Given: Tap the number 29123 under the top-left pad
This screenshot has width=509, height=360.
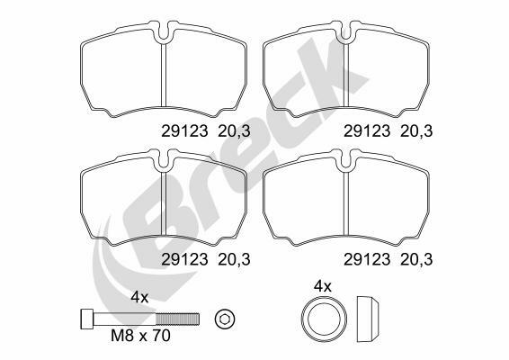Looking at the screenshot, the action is click(184, 131).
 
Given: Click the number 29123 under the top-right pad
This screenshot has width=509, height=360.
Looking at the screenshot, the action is click(367, 131).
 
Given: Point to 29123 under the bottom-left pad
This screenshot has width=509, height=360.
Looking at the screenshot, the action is click(184, 259).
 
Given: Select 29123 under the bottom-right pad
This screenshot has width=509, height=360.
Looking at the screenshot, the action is click(367, 259).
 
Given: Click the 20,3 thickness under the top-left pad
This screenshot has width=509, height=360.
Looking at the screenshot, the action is click(234, 132).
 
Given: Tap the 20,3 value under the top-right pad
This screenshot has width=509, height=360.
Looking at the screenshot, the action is click(416, 132).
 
